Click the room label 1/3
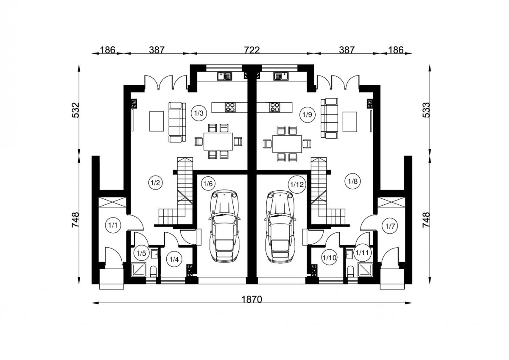point(199,113)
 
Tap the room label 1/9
point(307,115)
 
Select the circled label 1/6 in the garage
point(208,184)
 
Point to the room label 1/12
point(297,184)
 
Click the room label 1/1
point(113,225)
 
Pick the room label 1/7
point(390,226)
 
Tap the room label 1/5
point(141,253)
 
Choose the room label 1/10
point(330,257)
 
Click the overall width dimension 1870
point(252,299)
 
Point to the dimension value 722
point(252,50)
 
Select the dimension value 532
point(76,110)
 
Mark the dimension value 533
point(426,110)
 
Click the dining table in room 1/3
point(218,142)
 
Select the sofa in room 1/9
point(329,118)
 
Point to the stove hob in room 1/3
point(230,107)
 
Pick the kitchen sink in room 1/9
point(281,76)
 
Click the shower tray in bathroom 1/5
point(138,270)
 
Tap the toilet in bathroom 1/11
point(351,271)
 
